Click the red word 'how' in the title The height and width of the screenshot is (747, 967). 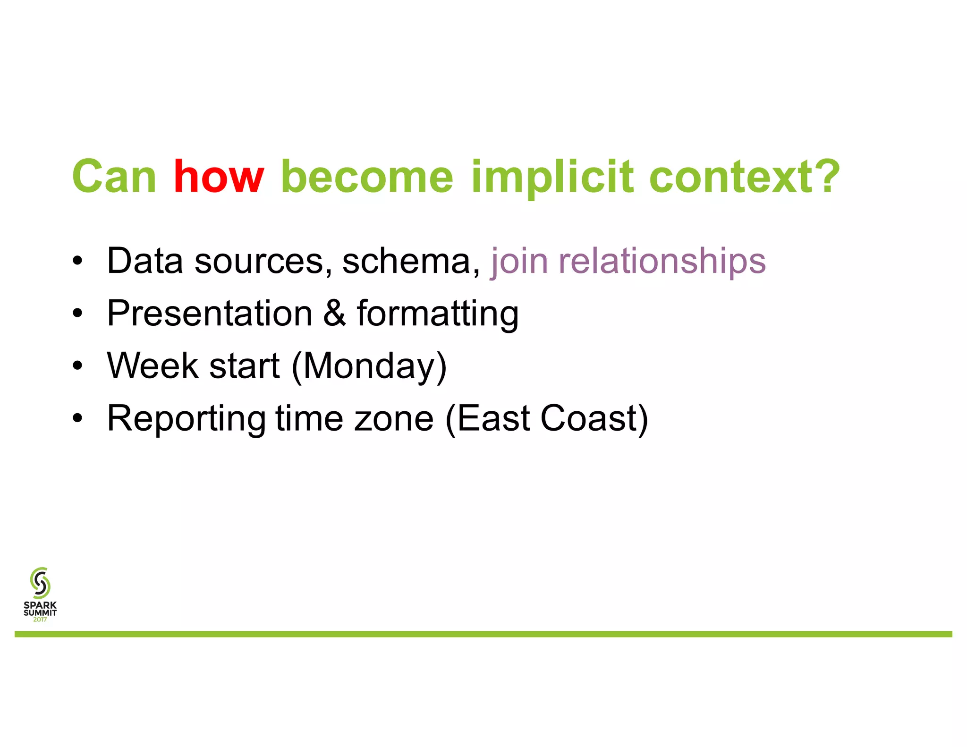tap(218, 177)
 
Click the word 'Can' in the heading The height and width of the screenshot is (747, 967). tap(114, 177)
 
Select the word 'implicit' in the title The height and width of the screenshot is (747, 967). tap(552, 177)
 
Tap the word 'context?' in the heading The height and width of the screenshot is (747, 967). tap(745, 177)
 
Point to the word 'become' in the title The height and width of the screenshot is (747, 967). tap(367, 177)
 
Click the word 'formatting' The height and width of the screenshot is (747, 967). tap(438, 314)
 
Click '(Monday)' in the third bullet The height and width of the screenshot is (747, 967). tap(369, 366)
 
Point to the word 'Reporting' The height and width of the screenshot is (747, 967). tap(186, 419)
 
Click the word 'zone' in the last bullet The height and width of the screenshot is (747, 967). tap(393, 419)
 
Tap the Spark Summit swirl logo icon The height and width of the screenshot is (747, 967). tap(40, 583)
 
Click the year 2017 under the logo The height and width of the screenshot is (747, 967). tap(40, 620)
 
